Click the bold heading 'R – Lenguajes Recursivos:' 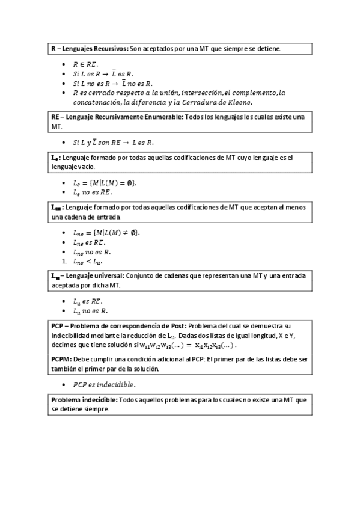tap(89, 48)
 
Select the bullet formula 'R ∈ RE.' tap(85, 64)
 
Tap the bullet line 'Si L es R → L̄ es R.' tap(103, 73)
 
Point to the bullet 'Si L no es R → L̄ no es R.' tap(112, 83)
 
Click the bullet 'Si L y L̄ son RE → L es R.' tap(113, 143)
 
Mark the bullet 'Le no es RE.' tap(92, 192)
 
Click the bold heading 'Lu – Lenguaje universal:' tap(88, 275)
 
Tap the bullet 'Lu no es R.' tap(90, 311)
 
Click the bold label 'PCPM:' tap(61, 359)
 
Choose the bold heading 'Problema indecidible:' tap(84, 399)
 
